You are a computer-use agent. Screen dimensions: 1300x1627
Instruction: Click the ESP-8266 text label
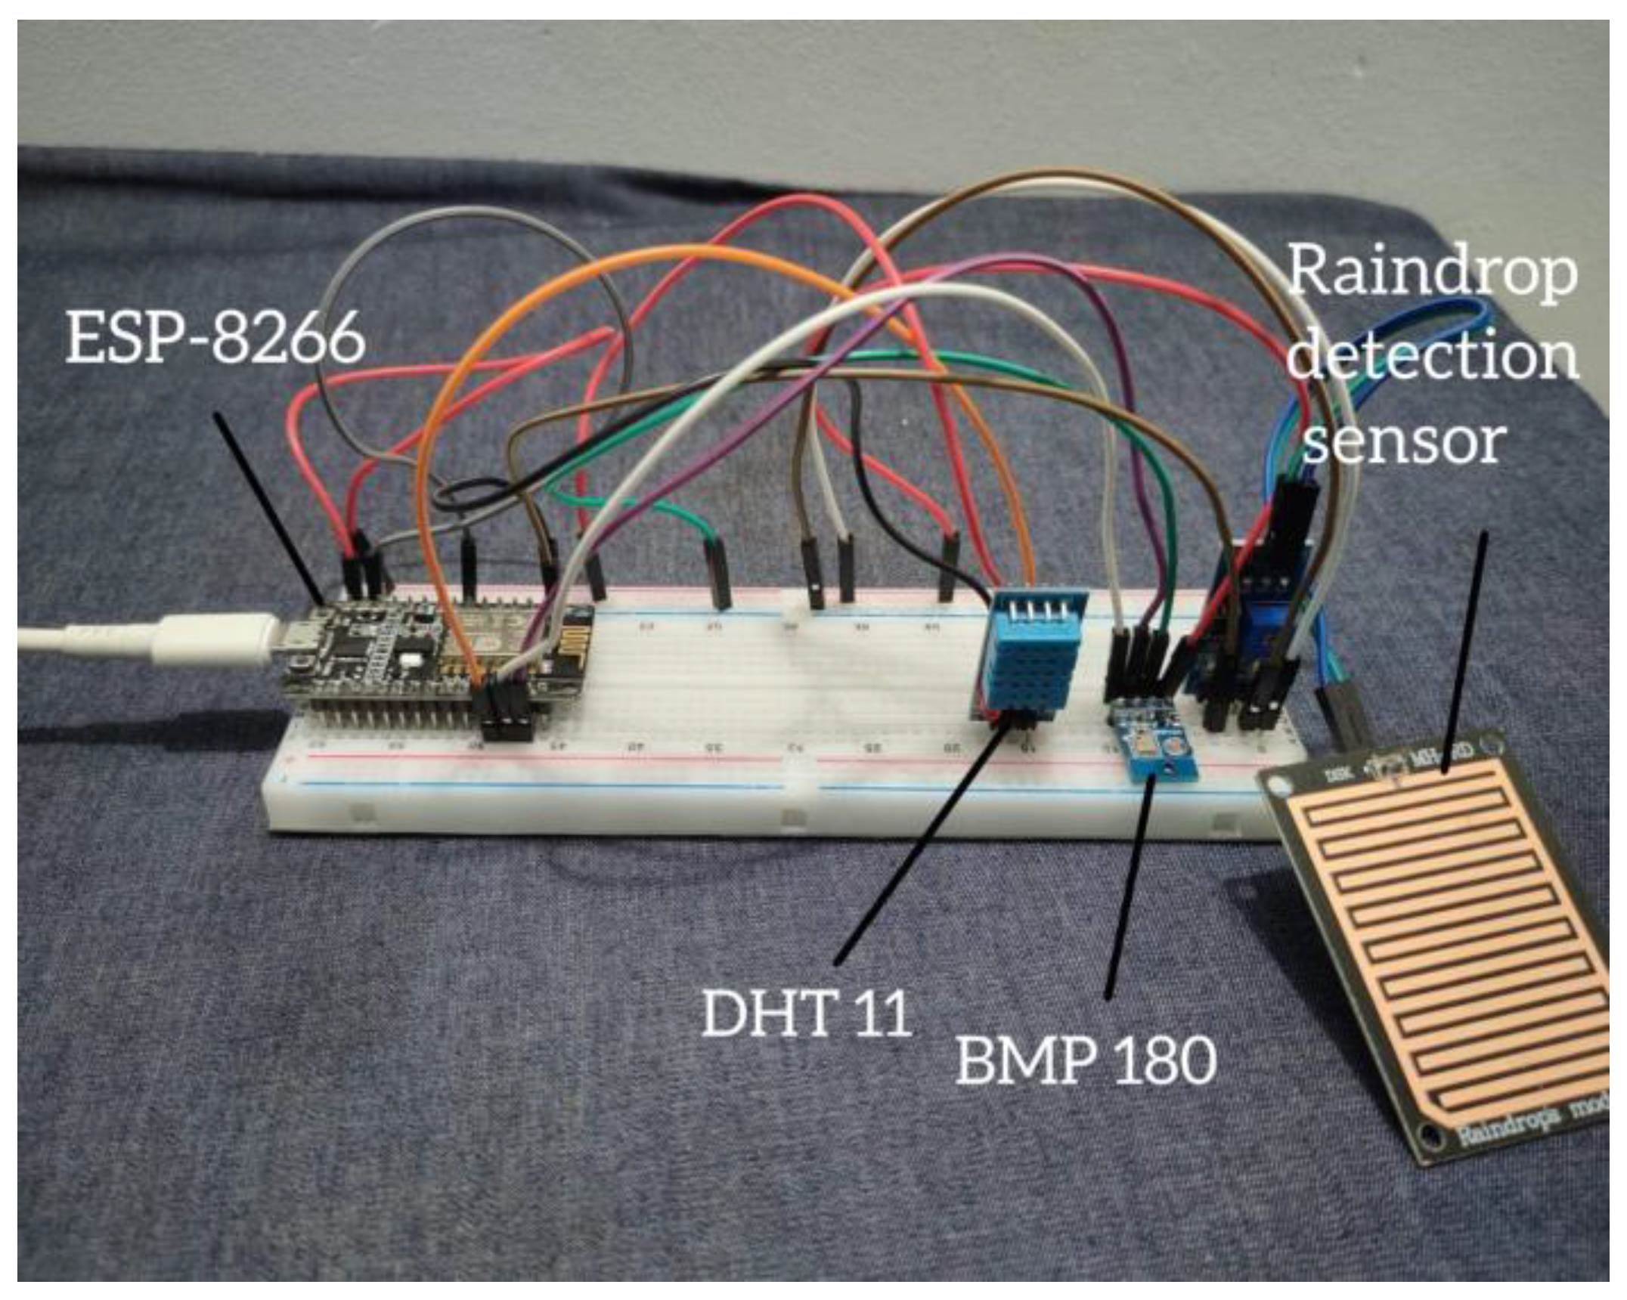tap(215, 340)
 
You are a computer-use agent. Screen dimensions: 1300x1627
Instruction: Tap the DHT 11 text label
tap(807, 1013)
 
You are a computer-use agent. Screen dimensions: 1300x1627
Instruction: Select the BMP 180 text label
tap(1086, 1060)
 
